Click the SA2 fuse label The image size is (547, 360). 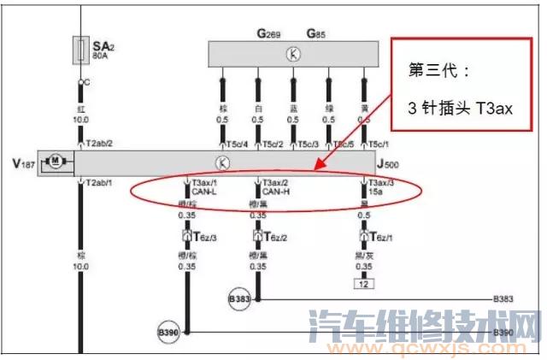click(x=103, y=46)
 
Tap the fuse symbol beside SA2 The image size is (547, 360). click(x=80, y=49)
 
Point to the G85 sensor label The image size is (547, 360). click(x=318, y=33)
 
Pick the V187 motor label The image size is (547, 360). click(x=21, y=162)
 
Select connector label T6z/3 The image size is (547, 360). click(x=206, y=237)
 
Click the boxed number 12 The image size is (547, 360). click(x=363, y=282)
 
